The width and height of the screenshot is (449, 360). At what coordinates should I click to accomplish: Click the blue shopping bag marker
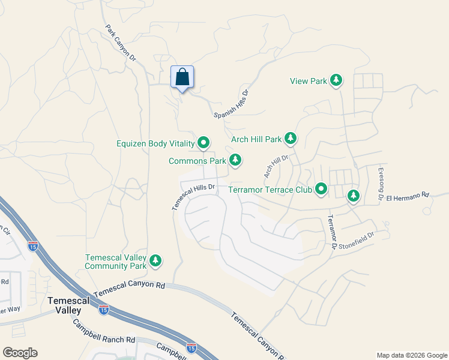tap(182, 77)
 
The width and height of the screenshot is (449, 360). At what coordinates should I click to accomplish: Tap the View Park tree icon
tap(337, 80)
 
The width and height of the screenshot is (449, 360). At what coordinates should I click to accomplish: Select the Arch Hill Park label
tap(256, 139)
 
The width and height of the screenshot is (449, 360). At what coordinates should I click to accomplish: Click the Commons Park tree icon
tap(236, 160)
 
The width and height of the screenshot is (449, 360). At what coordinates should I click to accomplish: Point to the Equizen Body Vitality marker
tap(203, 143)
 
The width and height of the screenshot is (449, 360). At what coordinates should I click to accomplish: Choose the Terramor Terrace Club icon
tap(321, 190)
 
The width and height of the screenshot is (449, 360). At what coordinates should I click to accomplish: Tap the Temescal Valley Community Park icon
tap(155, 260)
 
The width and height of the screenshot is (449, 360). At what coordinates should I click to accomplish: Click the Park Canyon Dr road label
tap(121, 42)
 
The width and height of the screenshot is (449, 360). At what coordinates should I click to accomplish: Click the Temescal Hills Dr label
tap(193, 196)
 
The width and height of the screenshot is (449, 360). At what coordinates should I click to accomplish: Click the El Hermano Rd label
tap(408, 196)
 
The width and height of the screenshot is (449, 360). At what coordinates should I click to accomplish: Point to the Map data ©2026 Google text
tap(411, 355)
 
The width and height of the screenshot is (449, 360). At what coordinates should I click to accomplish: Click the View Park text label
tap(308, 80)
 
